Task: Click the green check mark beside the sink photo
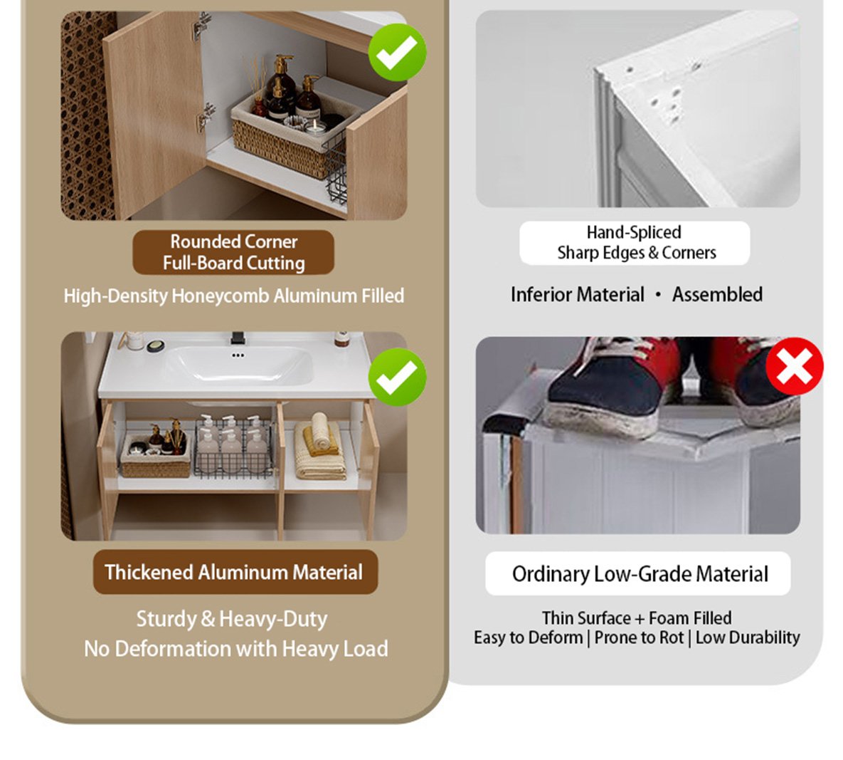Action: click(397, 377)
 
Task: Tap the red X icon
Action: click(794, 367)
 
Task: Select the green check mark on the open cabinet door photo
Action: click(397, 52)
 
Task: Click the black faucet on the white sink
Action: click(238, 338)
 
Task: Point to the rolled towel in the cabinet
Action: click(320, 431)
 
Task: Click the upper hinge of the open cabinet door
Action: click(201, 25)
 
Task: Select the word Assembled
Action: click(717, 294)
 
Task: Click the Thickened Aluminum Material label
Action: click(234, 572)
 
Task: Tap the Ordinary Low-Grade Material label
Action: click(638, 574)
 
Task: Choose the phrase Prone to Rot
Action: click(639, 637)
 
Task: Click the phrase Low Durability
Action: click(748, 637)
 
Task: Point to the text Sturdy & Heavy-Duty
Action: click(232, 619)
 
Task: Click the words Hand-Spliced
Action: click(634, 232)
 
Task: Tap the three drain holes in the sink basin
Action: click(238, 355)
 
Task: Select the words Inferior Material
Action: click(577, 294)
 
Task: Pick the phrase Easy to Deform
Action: click(528, 637)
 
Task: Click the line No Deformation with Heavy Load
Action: click(236, 649)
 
